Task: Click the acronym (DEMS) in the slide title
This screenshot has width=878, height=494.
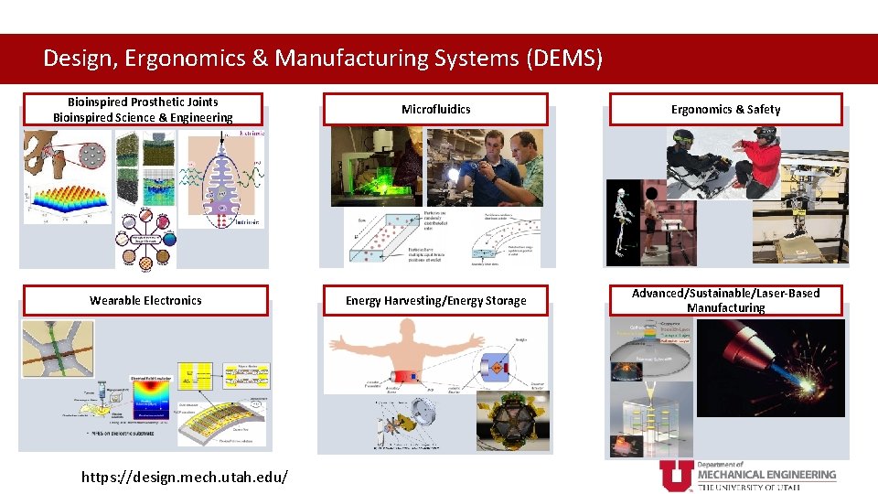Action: (x=564, y=59)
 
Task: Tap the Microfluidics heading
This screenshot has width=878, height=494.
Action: (x=435, y=109)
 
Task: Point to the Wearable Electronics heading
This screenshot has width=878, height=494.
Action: (x=145, y=300)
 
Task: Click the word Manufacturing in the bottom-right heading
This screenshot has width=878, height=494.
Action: (x=725, y=308)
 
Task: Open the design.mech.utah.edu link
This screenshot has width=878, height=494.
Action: (x=185, y=477)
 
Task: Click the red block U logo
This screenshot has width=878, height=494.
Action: (x=676, y=476)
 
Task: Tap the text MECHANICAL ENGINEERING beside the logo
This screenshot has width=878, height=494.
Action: (x=766, y=474)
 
